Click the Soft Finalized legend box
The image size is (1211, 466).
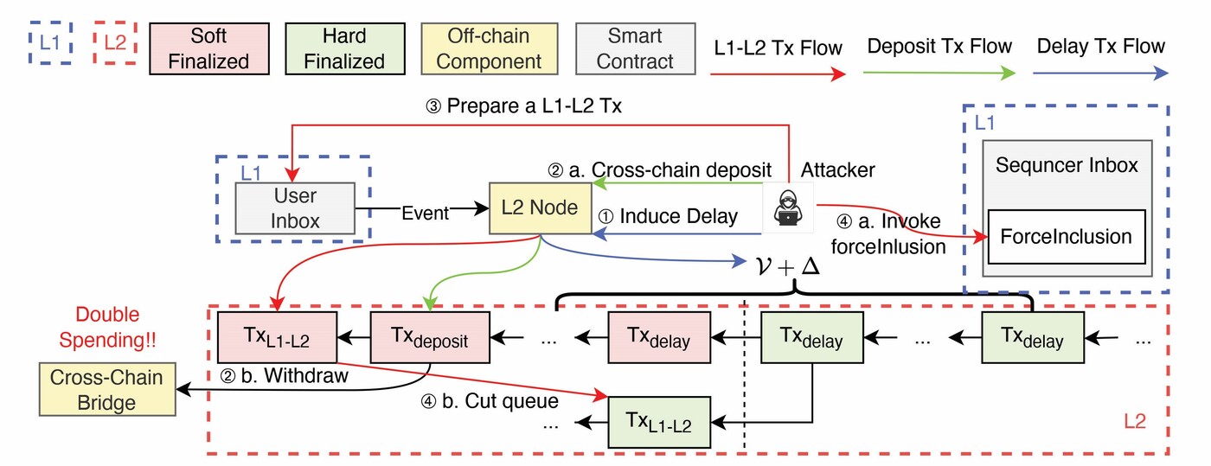[x=208, y=49]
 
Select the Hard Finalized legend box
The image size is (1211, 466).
[x=343, y=49]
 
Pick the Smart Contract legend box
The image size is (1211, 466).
[x=636, y=49]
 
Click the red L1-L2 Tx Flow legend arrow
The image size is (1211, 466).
[x=776, y=74]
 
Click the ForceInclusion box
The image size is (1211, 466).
[x=1066, y=235]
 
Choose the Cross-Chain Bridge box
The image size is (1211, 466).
[x=106, y=389]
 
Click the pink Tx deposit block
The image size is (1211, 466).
[x=431, y=337]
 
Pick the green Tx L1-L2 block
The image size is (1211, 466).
[x=659, y=421]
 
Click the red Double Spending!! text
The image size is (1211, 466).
[x=107, y=327]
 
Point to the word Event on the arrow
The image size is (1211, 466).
[x=424, y=213]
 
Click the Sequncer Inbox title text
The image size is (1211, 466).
[x=1066, y=164]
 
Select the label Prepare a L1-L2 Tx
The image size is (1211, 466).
[x=524, y=109]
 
